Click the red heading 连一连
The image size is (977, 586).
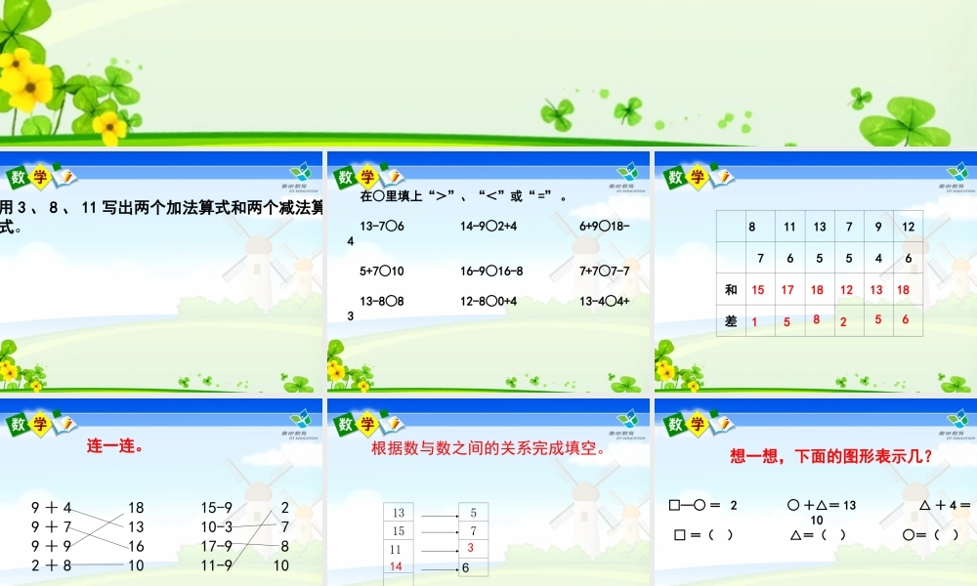point(116,446)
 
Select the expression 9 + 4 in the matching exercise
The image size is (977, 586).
point(52,508)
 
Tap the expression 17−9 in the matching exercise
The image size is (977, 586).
point(217,546)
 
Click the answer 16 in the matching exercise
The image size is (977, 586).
point(136,546)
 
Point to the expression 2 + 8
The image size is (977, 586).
point(52,565)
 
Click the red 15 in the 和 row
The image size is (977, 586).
point(758,290)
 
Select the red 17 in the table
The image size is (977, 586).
point(788,290)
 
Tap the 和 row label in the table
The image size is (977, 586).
point(731,290)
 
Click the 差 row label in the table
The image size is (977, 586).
point(731,321)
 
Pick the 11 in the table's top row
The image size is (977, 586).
point(789,227)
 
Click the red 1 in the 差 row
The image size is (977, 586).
point(754,321)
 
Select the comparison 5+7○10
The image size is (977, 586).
point(382,271)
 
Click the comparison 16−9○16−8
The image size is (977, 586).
point(491,271)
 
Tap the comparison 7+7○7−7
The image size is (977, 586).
point(604,271)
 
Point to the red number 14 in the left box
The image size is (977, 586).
point(397,566)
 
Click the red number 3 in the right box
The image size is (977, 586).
point(470,548)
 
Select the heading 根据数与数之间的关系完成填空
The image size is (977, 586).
point(488,449)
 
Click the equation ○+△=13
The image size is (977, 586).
point(821,505)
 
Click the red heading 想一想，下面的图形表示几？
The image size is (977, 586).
point(830,455)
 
